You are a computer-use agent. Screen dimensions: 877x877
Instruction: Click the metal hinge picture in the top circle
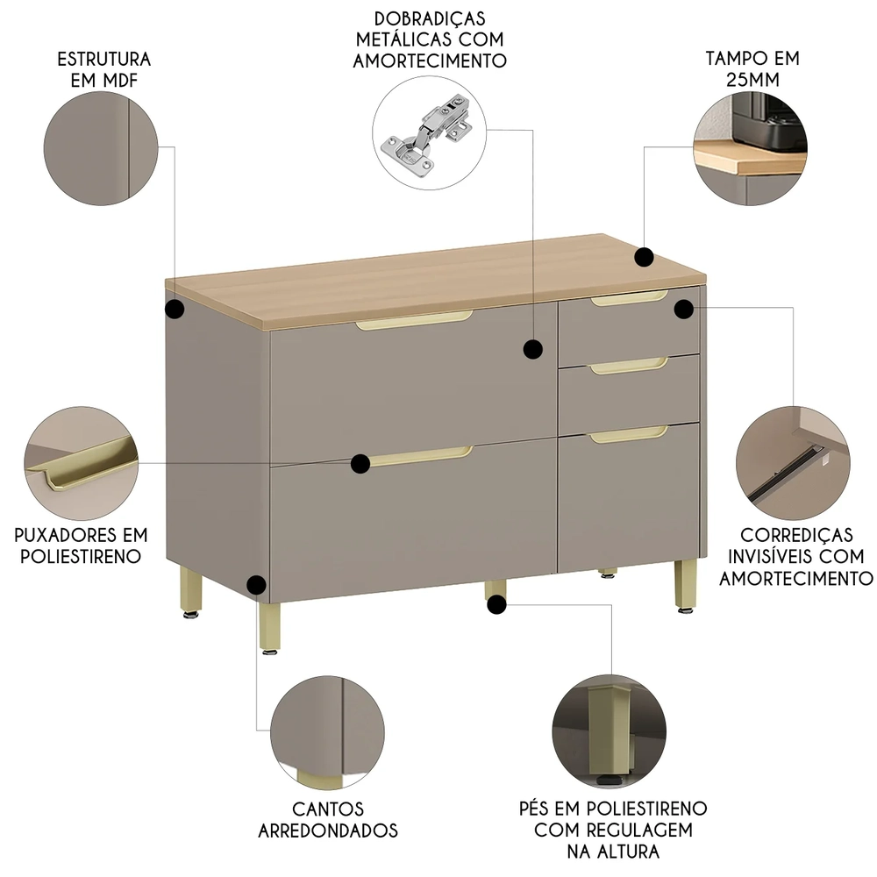point(427,136)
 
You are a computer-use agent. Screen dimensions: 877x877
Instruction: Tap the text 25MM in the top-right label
point(752,82)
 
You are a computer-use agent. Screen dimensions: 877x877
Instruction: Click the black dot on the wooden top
point(644,257)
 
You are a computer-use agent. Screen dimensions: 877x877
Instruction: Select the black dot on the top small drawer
point(683,308)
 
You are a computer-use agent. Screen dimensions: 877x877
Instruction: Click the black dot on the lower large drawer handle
point(360,464)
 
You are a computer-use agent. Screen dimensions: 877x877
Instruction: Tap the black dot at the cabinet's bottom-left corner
point(256,584)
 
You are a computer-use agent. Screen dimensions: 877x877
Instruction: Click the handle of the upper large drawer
point(414,320)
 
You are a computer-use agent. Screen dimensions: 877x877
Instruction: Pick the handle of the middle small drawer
point(628,367)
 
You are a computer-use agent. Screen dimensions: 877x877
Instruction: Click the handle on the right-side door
point(628,433)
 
